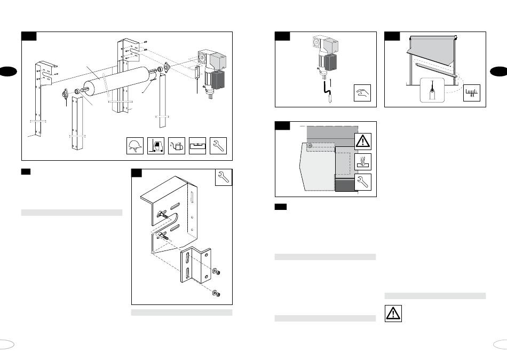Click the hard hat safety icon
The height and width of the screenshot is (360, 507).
(134, 146)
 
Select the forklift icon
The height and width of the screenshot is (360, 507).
(155, 146)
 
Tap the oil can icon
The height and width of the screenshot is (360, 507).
(177, 146)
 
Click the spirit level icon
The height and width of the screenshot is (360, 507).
(197, 146)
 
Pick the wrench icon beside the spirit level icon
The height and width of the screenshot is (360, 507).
(219, 146)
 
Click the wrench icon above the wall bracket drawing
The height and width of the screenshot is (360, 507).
(224, 178)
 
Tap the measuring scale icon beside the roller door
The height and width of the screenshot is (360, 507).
(472, 93)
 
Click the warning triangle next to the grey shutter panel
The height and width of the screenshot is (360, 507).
(363, 141)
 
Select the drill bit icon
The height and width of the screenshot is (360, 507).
(363, 161)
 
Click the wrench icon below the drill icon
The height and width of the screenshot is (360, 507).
(363, 182)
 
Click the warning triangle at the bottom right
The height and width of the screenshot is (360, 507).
(393, 313)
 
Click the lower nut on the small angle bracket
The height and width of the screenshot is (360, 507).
(217, 293)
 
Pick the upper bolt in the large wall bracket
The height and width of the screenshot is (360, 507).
(161, 214)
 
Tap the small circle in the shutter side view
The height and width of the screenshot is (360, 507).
(310, 144)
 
